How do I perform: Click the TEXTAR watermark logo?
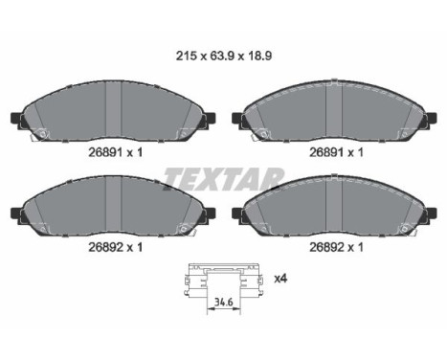tap(224, 179)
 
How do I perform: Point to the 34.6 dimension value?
tap(223, 302)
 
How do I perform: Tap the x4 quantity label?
tap(281, 279)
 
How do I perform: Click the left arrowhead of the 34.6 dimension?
tap(211, 309)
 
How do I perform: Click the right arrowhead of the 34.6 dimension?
tap(236, 309)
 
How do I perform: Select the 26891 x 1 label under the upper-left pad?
tap(115, 152)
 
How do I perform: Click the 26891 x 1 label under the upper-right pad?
tap(336, 152)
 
